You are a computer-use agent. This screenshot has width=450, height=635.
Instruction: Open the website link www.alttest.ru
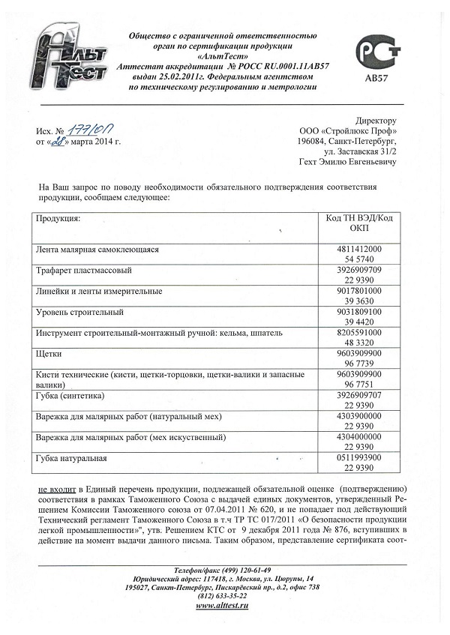(222, 605)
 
